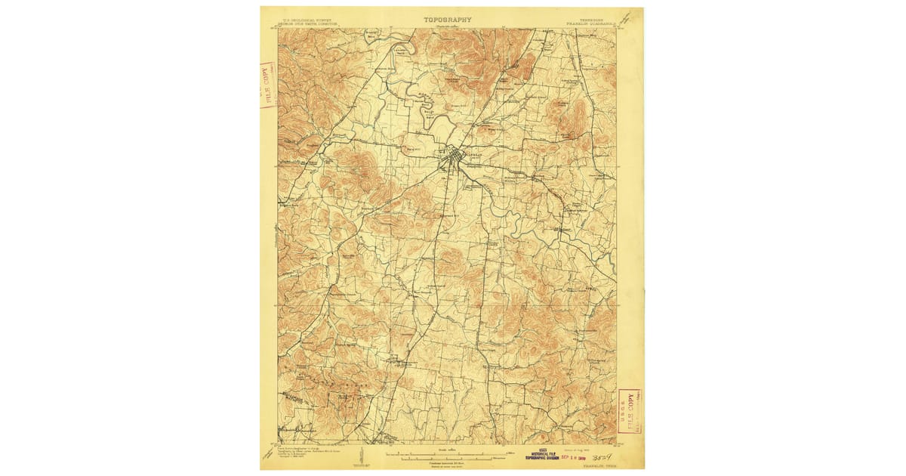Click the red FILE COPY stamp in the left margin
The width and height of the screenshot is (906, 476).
(x=267, y=85)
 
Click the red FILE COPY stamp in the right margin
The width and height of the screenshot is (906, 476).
(x=628, y=412)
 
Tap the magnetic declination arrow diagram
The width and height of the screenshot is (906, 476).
(x=364, y=456)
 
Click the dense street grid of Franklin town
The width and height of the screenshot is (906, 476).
(x=453, y=157)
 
